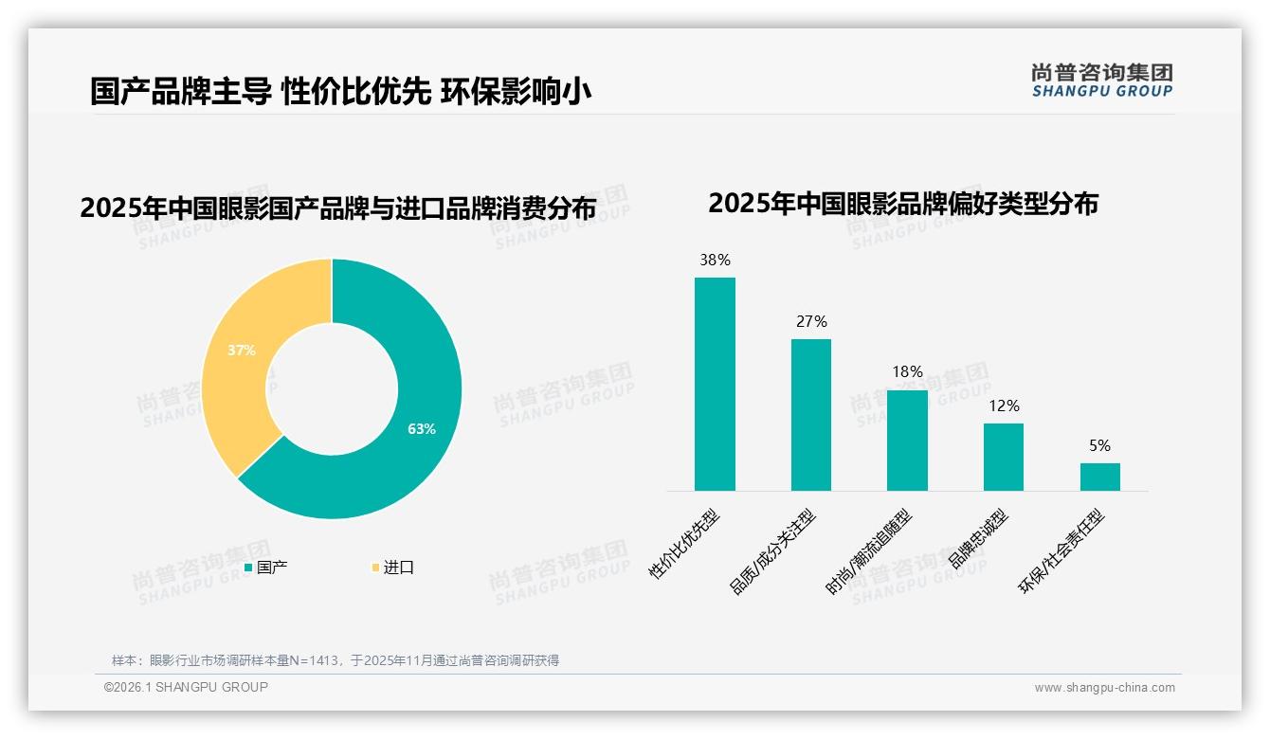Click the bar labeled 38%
click(715, 384)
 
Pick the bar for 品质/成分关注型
click(811, 415)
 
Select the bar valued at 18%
click(907, 441)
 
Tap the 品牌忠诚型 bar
click(1004, 457)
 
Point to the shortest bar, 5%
click(1099, 477)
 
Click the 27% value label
click(811, 321)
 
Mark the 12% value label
click(1004, 406)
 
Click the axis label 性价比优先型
click(685, 544)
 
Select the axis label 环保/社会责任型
click(1061, 551)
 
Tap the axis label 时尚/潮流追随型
click(869, 552)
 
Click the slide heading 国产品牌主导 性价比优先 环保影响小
click(341, 91)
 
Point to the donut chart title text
click(337, 208)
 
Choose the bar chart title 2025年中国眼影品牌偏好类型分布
click(902, 204)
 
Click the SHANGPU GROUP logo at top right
click(1101, 81)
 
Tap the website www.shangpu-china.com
click(1104, 688)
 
